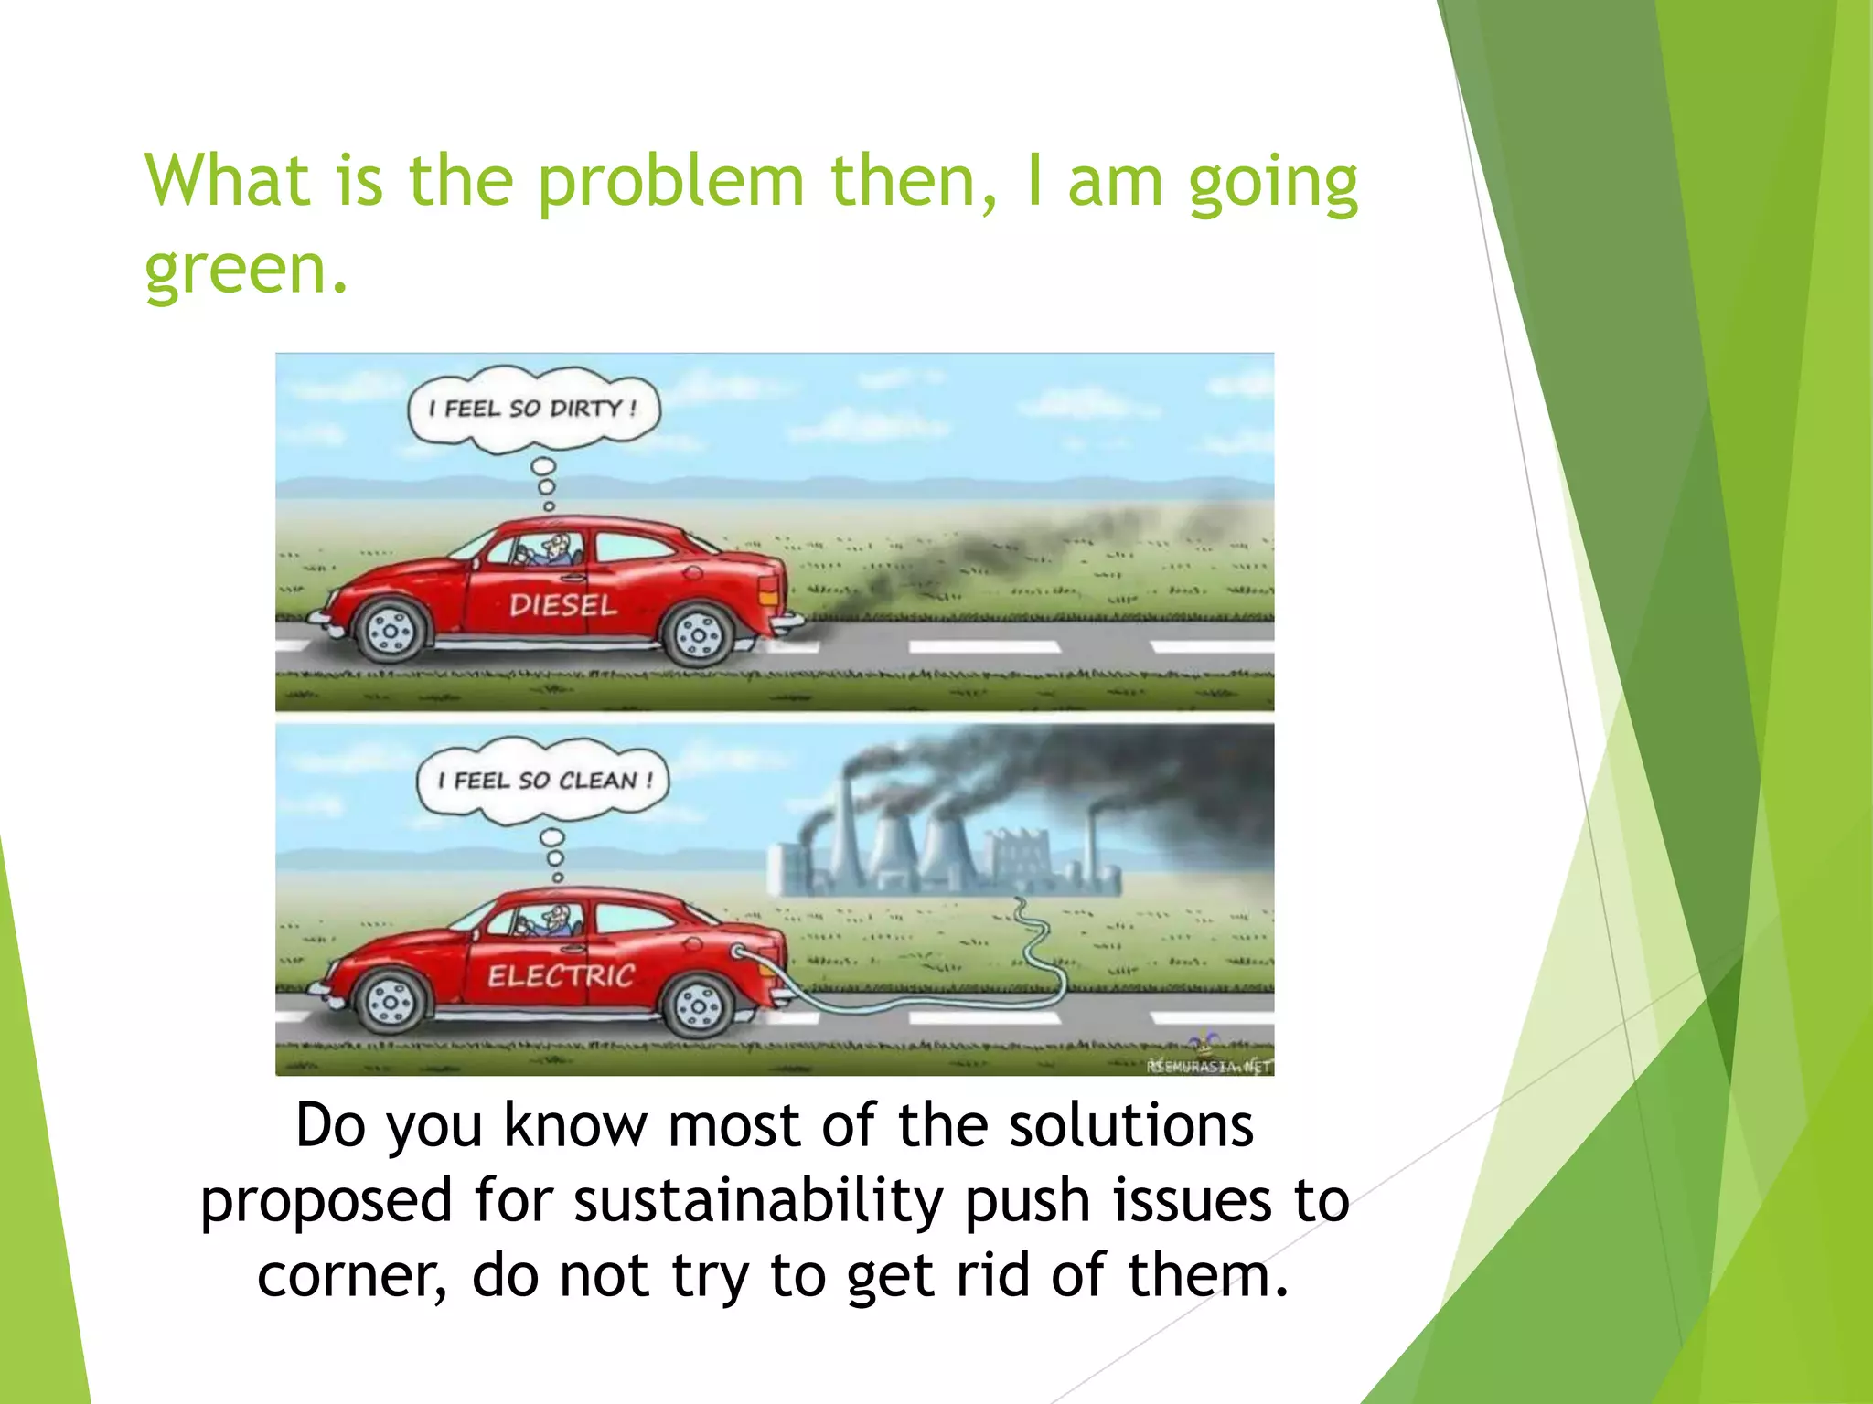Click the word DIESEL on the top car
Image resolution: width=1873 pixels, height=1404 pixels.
pyautogui.click(x=562, y=605)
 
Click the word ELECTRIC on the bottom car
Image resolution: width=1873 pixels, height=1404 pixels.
pyautogui.click(x=561, y=976)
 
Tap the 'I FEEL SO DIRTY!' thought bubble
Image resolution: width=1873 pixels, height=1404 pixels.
pyautogui.click(x=533, y=409)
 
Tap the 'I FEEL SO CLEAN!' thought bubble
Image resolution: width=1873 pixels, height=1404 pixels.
pyautogui.click(x=543, y=781)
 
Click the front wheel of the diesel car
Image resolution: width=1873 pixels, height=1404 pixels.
pyautogui.click(x=391, y=631)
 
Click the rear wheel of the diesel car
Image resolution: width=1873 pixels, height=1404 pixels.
pyautogui.click(x=699, y=634)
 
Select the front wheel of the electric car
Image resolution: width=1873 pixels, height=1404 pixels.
pyautogui.click(x=391, y=1002)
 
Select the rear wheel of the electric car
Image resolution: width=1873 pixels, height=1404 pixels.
pyautogui.click(x=699, y=1005)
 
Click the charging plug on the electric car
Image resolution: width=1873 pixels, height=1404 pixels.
pyautogui.click(x=739, y=952)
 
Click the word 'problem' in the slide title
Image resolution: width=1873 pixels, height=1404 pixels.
pyautogui.click(x=669, y=182)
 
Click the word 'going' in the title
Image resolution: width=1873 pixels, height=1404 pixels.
pyautogui.click(x=1272, y=182)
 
